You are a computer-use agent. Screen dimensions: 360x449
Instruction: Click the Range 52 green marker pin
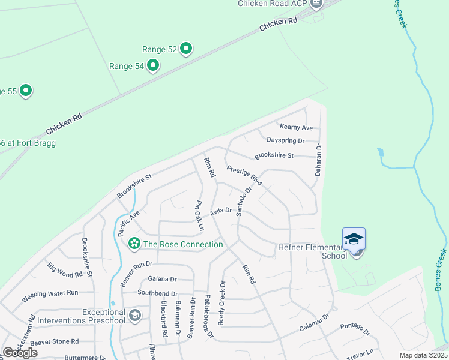tap(186, 49)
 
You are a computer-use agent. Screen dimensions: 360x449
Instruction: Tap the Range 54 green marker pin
tap(153, 65)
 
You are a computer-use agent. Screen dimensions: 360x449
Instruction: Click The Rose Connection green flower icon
tap(133, 244)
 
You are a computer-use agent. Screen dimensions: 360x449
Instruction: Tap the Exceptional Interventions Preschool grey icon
tap(135, 315)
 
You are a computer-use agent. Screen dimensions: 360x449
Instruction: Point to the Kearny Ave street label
tap(296, 128)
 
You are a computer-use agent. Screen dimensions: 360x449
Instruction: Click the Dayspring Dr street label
tap(285, 141)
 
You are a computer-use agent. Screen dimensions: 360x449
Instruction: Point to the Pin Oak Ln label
tap(198, 215)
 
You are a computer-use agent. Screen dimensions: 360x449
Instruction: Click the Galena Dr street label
tap(162, 279)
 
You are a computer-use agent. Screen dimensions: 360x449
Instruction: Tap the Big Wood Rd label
tap(65, 275)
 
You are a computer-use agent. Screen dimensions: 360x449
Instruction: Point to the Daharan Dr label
tap(319, 160)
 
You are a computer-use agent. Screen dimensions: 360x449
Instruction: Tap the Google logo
tap(20, 353)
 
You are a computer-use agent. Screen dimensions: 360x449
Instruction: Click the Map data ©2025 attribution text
tap(423, 355)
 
